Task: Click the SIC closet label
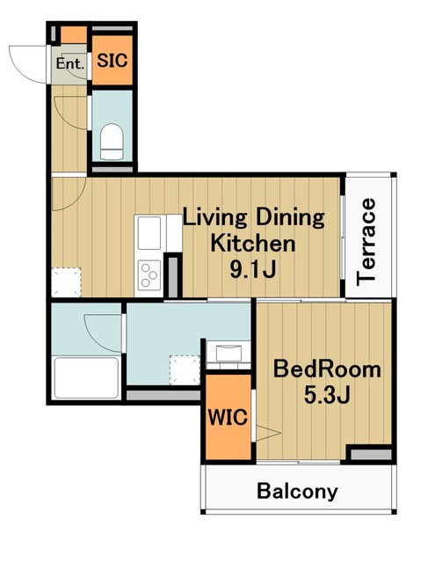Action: (x=112, y=61)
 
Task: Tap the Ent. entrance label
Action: (x=70, y=64)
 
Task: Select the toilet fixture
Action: (x=112, y=142)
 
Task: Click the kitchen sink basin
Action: (x=149, y=232)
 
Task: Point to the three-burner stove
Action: (x=149, y=275)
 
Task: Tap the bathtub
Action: (x=86, y=377)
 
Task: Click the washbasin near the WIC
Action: (x=229, y=352)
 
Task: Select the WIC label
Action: (x=229, y=417)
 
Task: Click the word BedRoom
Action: (x=327, y=369)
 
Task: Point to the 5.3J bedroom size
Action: (x=327, y=395)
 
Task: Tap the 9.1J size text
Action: (x=253, y=269)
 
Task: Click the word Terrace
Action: (x=366, y=242)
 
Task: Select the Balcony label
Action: (x=297, y=491)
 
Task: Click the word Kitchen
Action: (x=253, y=243)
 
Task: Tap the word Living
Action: (x=215, y=218)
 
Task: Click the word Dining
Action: (x=289, y=217)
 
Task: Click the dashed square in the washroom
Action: (x=185, y=369)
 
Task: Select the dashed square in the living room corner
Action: (x=67, y=282)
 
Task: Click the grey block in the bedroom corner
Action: (x=371, y=454)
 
